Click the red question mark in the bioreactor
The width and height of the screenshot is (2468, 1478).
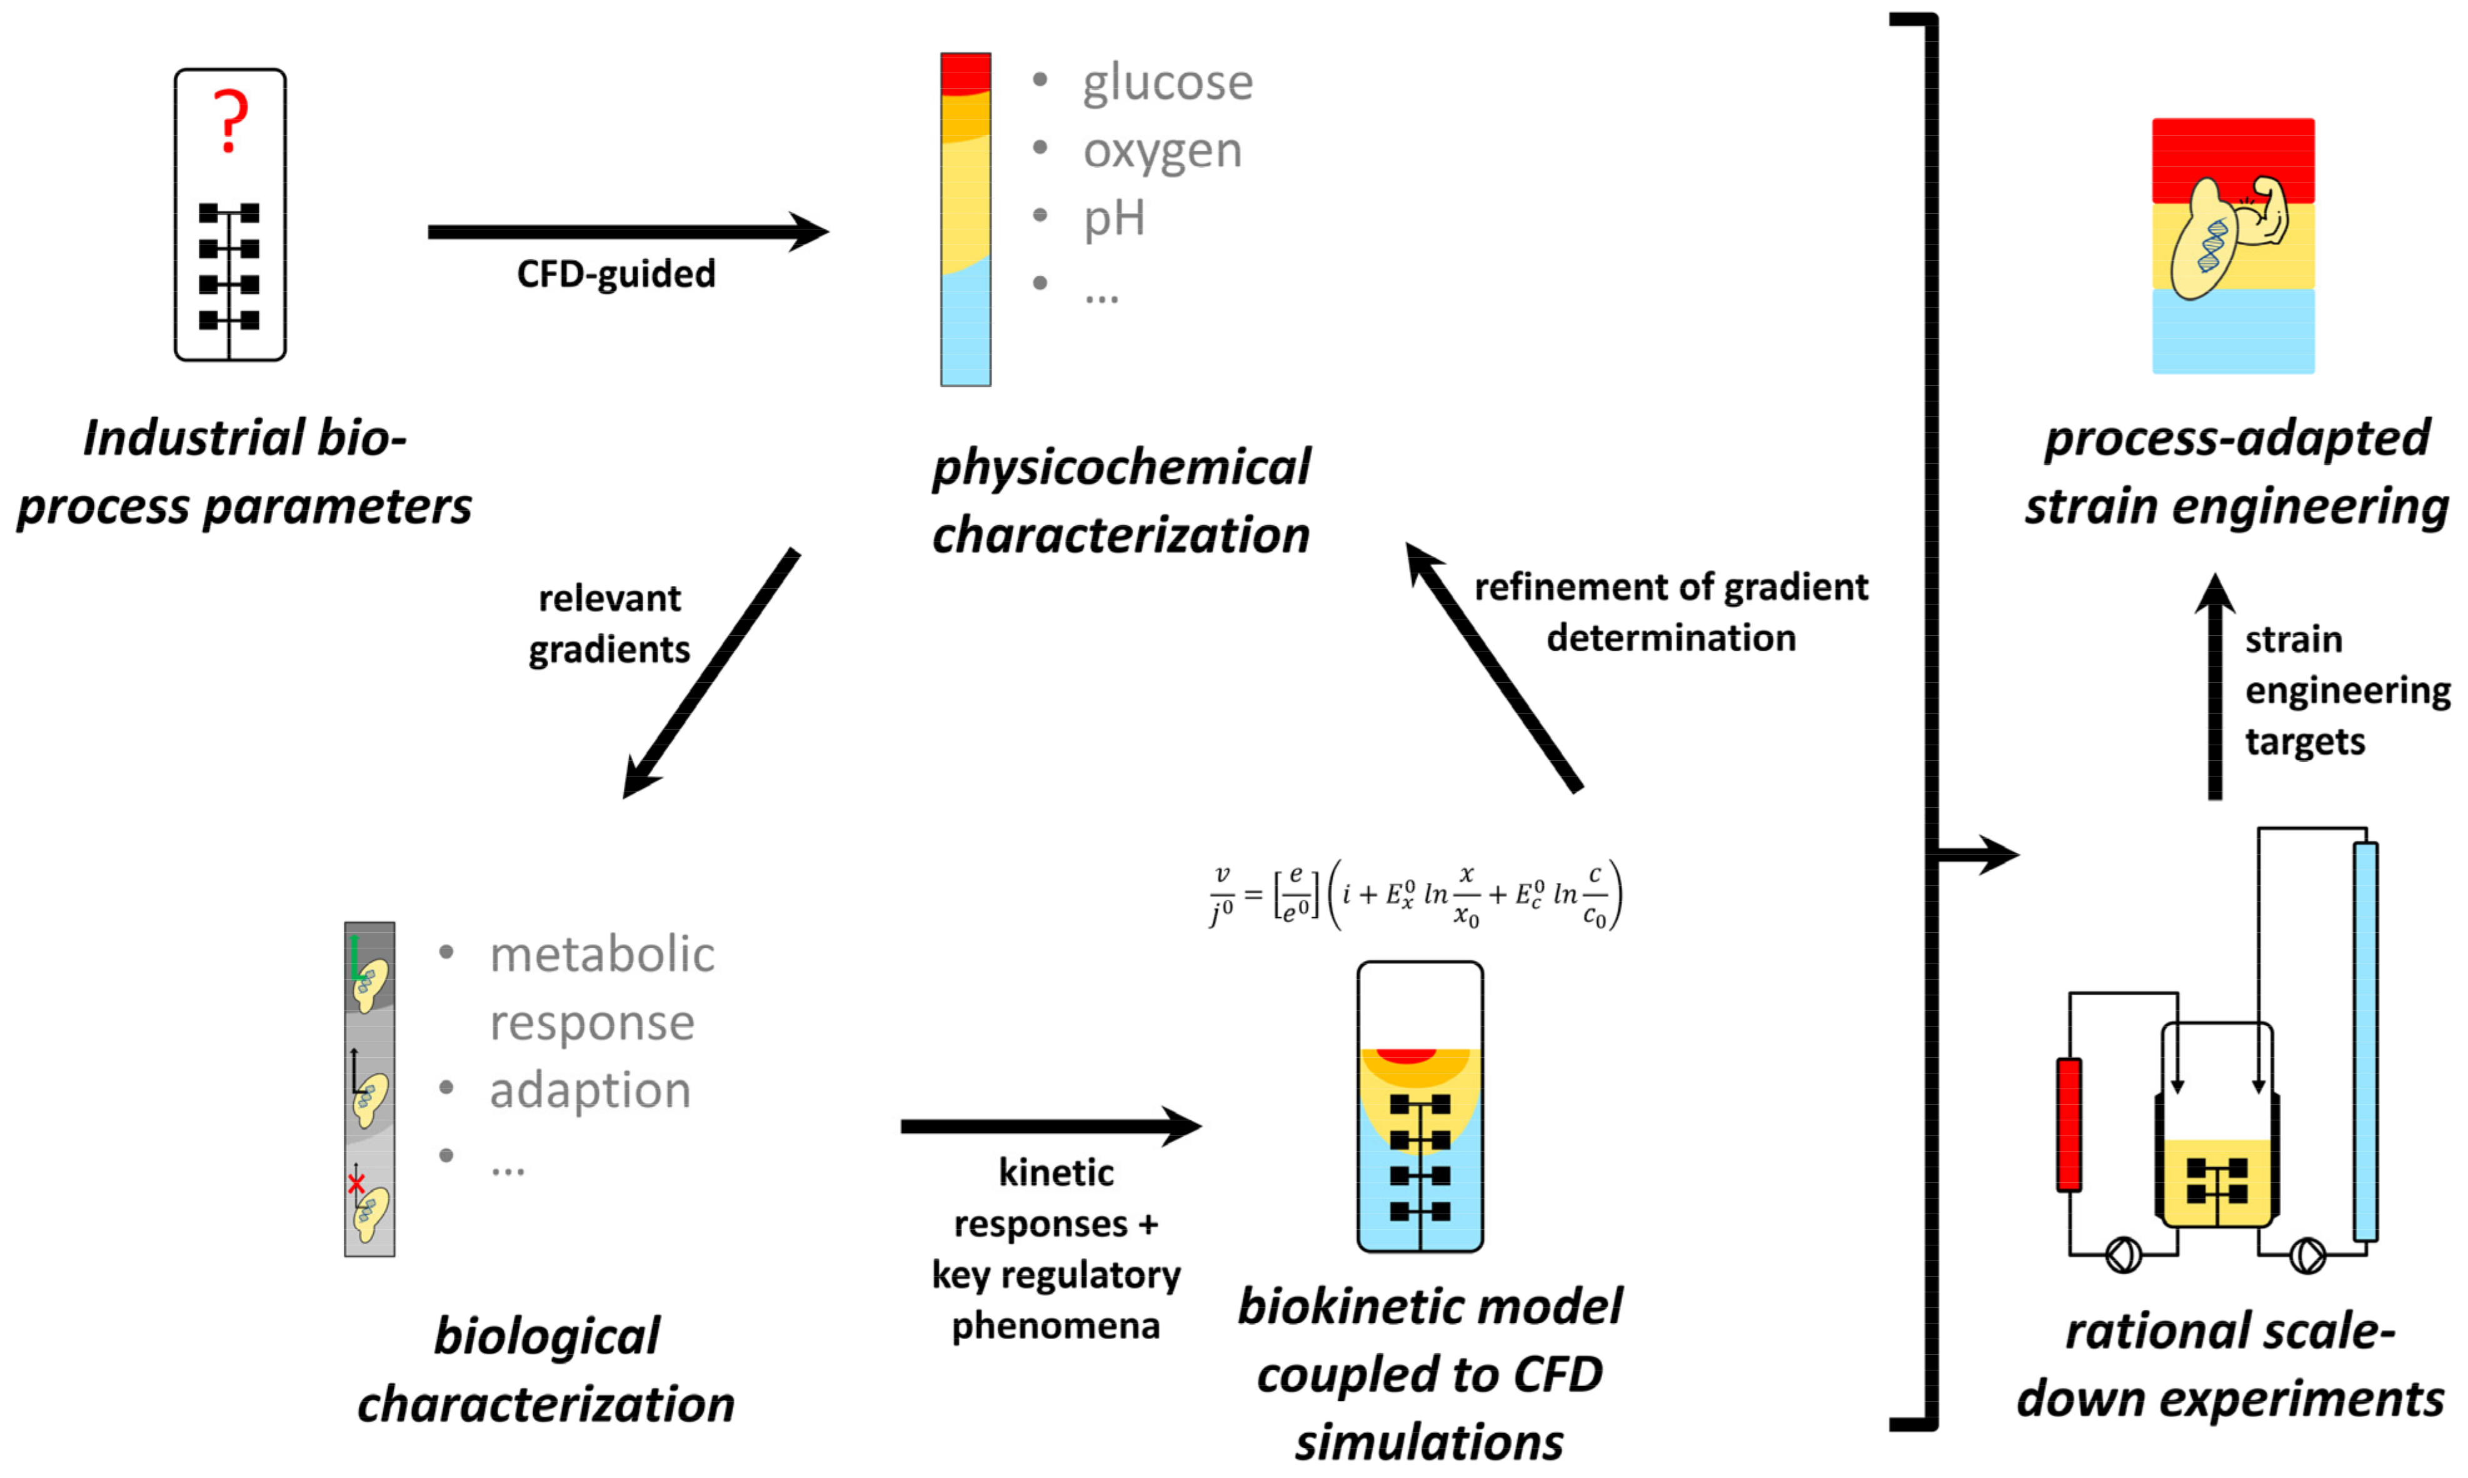click(x=230, y=119)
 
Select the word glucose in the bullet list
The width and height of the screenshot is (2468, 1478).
click(x=1167, y=82)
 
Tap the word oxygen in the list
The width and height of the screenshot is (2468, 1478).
click(x=1162, y=151)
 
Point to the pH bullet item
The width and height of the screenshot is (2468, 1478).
click(x=1114, y=218)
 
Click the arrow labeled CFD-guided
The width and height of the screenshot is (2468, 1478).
click(x=627, y=232)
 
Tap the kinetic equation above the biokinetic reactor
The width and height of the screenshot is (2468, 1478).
click(x=1416, y=895)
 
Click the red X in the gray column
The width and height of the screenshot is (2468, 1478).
click(x=356, y=1183)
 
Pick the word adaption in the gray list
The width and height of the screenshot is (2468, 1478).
click(x=589, y=1090)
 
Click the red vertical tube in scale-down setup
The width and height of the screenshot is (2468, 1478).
click(x=2068, y=1124)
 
